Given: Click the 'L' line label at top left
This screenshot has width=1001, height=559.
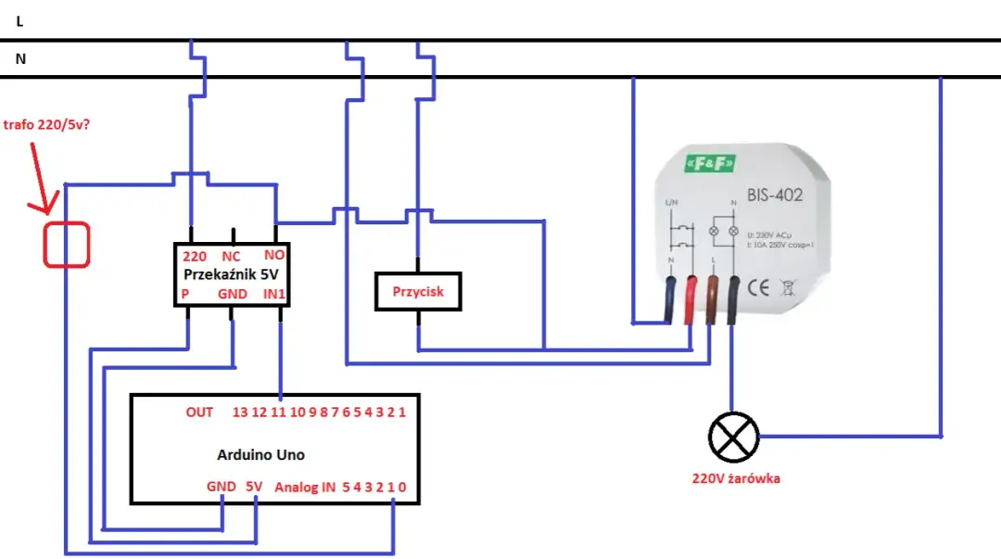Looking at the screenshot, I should tap(19, 20).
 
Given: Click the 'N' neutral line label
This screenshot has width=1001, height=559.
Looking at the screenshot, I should tap(20, 58).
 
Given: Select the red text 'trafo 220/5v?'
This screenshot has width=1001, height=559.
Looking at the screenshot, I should tap(47, 125).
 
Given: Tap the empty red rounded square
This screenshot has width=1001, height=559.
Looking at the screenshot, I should tap(67, 245).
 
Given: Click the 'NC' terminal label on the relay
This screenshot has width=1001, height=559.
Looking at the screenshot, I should tap(232, 256).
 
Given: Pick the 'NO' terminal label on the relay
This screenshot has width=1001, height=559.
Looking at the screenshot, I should tap(274, 256).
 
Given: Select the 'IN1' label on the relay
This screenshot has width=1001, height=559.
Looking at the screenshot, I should tap(273, 294).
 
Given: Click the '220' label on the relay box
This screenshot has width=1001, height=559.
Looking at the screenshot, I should tap(195, 256).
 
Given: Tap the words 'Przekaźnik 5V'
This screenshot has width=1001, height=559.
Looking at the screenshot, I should tap(232, 275).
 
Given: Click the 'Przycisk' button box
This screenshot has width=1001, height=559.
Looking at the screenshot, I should tap(417, 291).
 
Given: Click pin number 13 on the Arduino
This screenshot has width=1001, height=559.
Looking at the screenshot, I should tap(240, 412).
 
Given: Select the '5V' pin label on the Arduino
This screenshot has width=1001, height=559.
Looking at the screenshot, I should tap(254, 486).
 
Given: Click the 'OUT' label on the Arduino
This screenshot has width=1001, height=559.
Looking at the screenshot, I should tap(199, 412).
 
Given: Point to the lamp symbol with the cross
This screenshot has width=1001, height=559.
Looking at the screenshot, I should tap(733, 436).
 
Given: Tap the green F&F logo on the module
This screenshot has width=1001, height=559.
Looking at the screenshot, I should tap(709, 164).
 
